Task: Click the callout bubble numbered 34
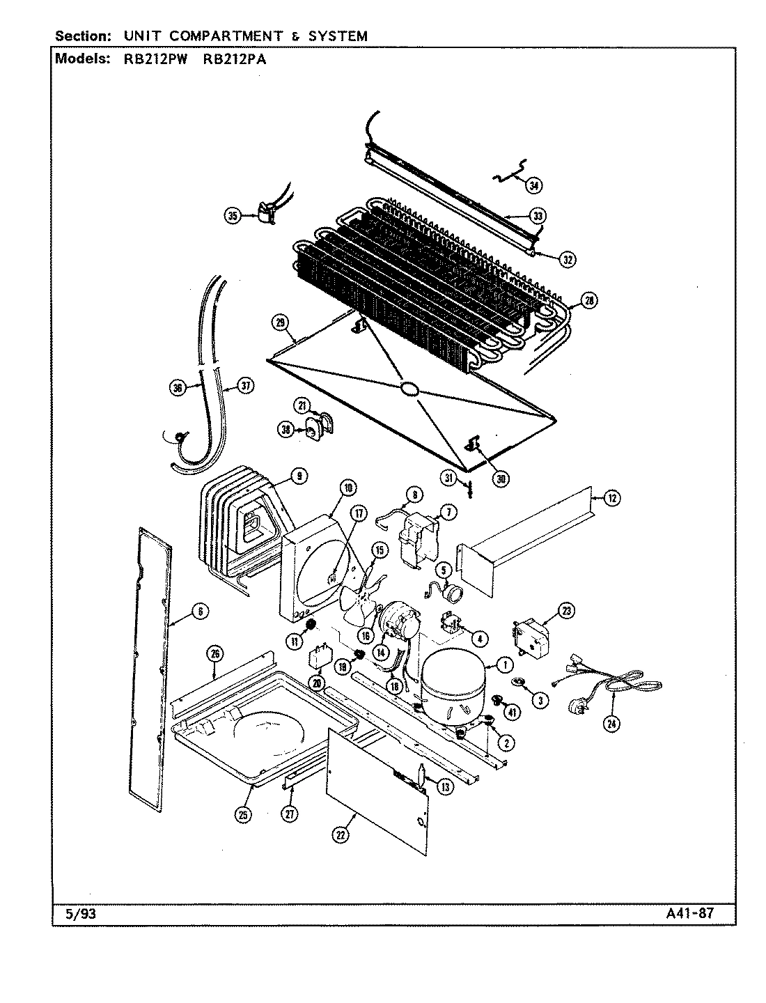click(x=533, y=185)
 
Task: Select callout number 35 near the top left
click(x=233, y=216)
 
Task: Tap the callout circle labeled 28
click(x=590, y=301)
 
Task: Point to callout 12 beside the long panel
click(x=611, y=497)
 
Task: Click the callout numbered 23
click(x=565, y=612)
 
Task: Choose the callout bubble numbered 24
click(x=611, y=724)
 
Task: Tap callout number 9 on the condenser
click(x=297, y=476)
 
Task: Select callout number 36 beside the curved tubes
click(x=178, y=388)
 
